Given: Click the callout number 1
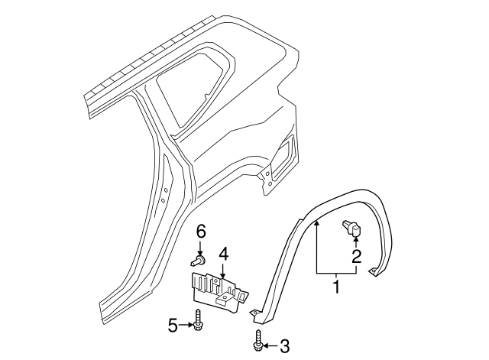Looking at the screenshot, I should coord(335,287).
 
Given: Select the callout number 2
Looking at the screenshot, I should coord(356,257).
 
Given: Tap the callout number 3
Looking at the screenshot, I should coord(284,346).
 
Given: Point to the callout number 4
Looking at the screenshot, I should coord(223,253).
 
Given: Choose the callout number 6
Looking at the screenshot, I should coord(201,230).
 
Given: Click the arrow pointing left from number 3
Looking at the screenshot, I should coord(270,346).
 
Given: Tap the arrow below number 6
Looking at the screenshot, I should coord(201,247).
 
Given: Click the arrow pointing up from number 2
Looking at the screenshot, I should coord(356,243).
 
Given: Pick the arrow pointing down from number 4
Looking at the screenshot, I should coord(222,269).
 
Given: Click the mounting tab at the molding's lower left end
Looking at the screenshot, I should coord(256,313).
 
